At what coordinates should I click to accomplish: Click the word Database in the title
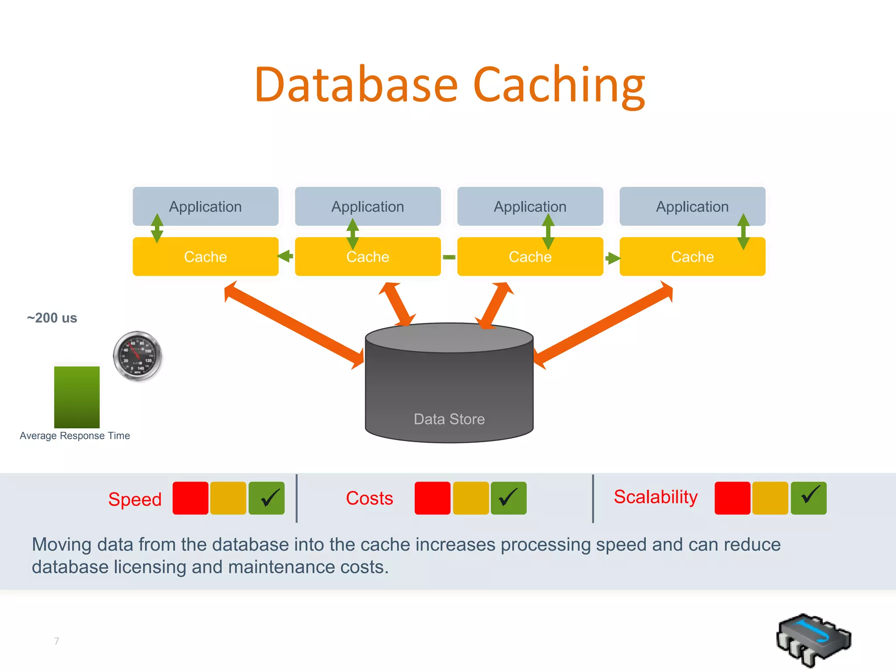click(356, 85)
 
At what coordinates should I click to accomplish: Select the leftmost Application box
click(206, 206)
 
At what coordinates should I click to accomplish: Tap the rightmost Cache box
click(692, 257)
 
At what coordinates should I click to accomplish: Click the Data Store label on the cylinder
click(449, 419)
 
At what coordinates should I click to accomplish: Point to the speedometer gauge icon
click(137, 356)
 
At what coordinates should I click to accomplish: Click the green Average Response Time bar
click(77, 397)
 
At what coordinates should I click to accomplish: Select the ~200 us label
click(52, 318)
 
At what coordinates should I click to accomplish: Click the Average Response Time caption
click(75, 436)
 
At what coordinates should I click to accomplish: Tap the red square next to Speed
click(190, 498)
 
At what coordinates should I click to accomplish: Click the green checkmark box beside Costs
click(508, 498)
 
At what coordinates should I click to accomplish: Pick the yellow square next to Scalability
click(770, 498)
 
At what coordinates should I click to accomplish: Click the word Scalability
click(655, 497)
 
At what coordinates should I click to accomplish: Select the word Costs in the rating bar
click(369, 498)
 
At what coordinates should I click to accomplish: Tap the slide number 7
click(56, 641)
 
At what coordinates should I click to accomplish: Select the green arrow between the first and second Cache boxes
click(286, 256)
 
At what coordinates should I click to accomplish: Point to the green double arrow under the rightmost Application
click(743, 231)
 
